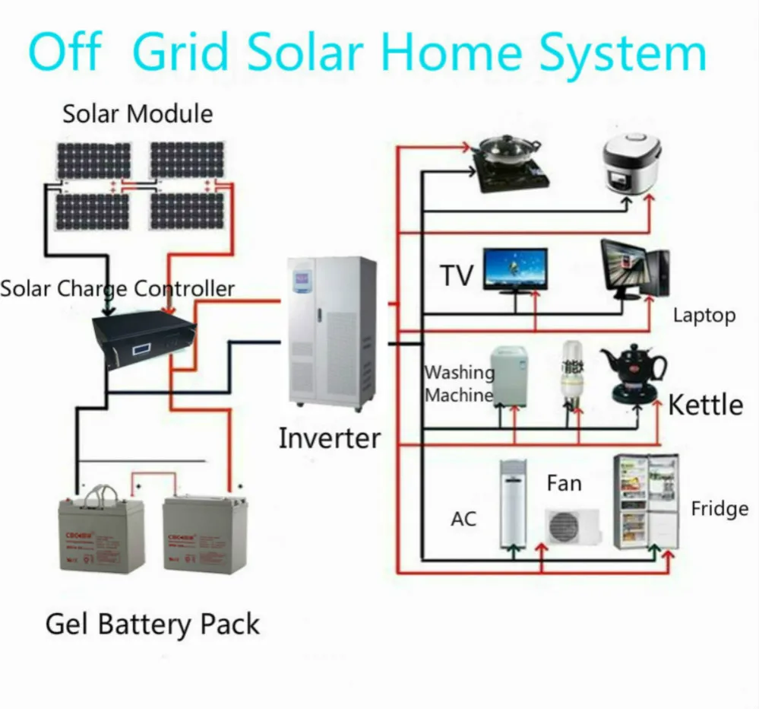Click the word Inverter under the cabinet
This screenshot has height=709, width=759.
pos(329,438)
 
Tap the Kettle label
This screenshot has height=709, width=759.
pos(705,404)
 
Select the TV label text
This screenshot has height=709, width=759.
pos(457,275)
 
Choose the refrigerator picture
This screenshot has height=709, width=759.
pos(645,502)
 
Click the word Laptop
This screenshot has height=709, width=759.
pos(704,315)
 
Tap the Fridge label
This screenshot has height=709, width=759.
pos(719,509)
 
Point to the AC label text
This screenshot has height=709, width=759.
pos(463,519)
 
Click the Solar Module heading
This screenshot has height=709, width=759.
pos(138,114)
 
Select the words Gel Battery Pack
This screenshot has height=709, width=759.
pos(153,625)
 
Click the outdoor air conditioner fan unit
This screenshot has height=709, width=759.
pos(571,526)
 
